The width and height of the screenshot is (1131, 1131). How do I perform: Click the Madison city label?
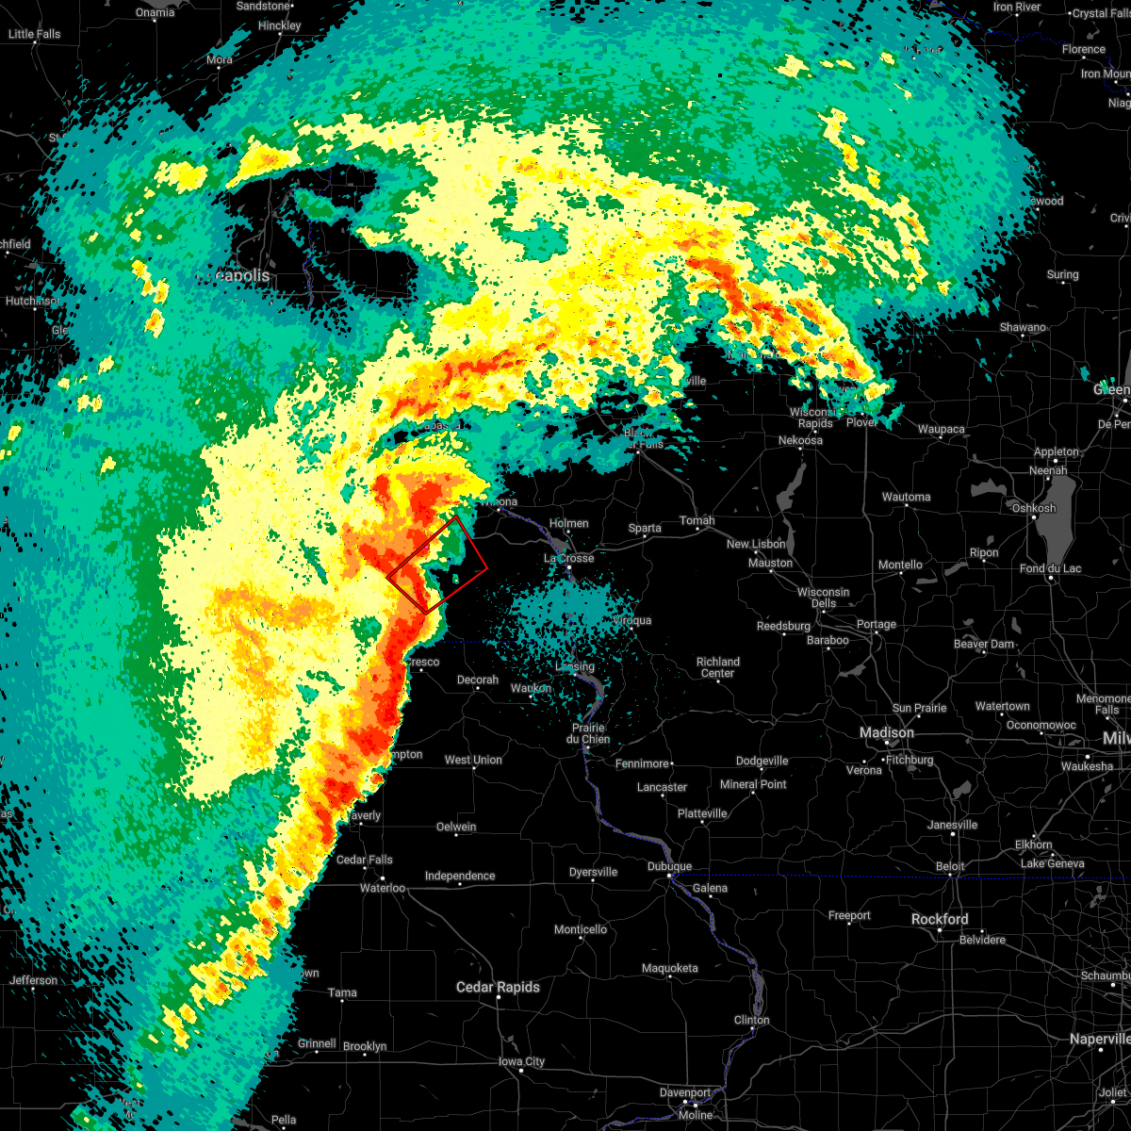click(x=886, y=732)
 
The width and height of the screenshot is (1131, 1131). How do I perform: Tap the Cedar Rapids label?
click(x=498, y=987)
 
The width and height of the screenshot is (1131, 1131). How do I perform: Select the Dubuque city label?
click(x=669, y=866)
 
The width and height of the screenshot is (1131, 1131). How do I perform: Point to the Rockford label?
click(x=939, y=919)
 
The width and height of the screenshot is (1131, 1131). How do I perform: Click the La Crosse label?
click(x=569, y=558)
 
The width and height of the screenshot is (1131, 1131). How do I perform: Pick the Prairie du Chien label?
click(x=586, y=733)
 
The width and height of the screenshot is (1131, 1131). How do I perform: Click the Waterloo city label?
click(x=383, y=888)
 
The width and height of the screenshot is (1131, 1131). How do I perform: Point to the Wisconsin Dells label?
click(x=823, y=598)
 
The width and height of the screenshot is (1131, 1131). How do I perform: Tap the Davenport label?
click(x=685, y=1092)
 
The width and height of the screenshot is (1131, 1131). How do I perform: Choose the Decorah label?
click(x=477, y=680)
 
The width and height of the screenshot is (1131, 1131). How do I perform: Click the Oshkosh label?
click(x=1033, y=508)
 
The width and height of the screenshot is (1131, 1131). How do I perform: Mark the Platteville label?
click(x=702, y=813)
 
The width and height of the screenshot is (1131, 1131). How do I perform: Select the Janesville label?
click(x=953, y=825)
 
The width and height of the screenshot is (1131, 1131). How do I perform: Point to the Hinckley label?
click(x=280, y=25)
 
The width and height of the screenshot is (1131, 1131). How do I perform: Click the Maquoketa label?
click(x=669, y=968)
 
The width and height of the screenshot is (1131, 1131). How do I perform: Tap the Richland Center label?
click(x=717, y=667)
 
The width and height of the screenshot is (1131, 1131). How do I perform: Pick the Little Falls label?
click(x=34, y=34)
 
